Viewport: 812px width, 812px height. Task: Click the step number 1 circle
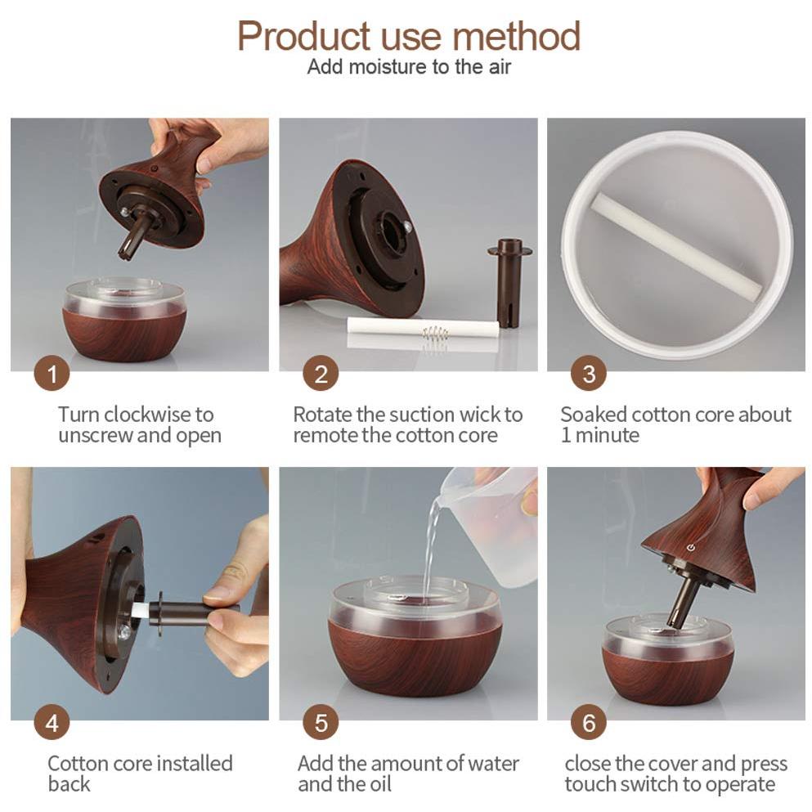(x=52, y=375)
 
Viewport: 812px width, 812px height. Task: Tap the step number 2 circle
(x=321, y=375)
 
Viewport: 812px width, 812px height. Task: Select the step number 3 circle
(x=589, y=375)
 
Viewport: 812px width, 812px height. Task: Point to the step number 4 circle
(x=52, y=724)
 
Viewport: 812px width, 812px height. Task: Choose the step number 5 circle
(x=321, y=724)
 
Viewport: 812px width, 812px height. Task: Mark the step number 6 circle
(x=589, y=724)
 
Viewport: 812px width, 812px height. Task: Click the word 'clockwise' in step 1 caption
(x=147, y=415)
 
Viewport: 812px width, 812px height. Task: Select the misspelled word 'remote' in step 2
(x=325, y=436)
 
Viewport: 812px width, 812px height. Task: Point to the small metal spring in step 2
(x=436, y=334)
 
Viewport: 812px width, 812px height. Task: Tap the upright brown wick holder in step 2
(x=509, y=282)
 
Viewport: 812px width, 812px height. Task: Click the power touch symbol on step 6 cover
(x=691, y=547)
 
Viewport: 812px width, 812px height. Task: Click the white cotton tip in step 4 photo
(x=140, y=608)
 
